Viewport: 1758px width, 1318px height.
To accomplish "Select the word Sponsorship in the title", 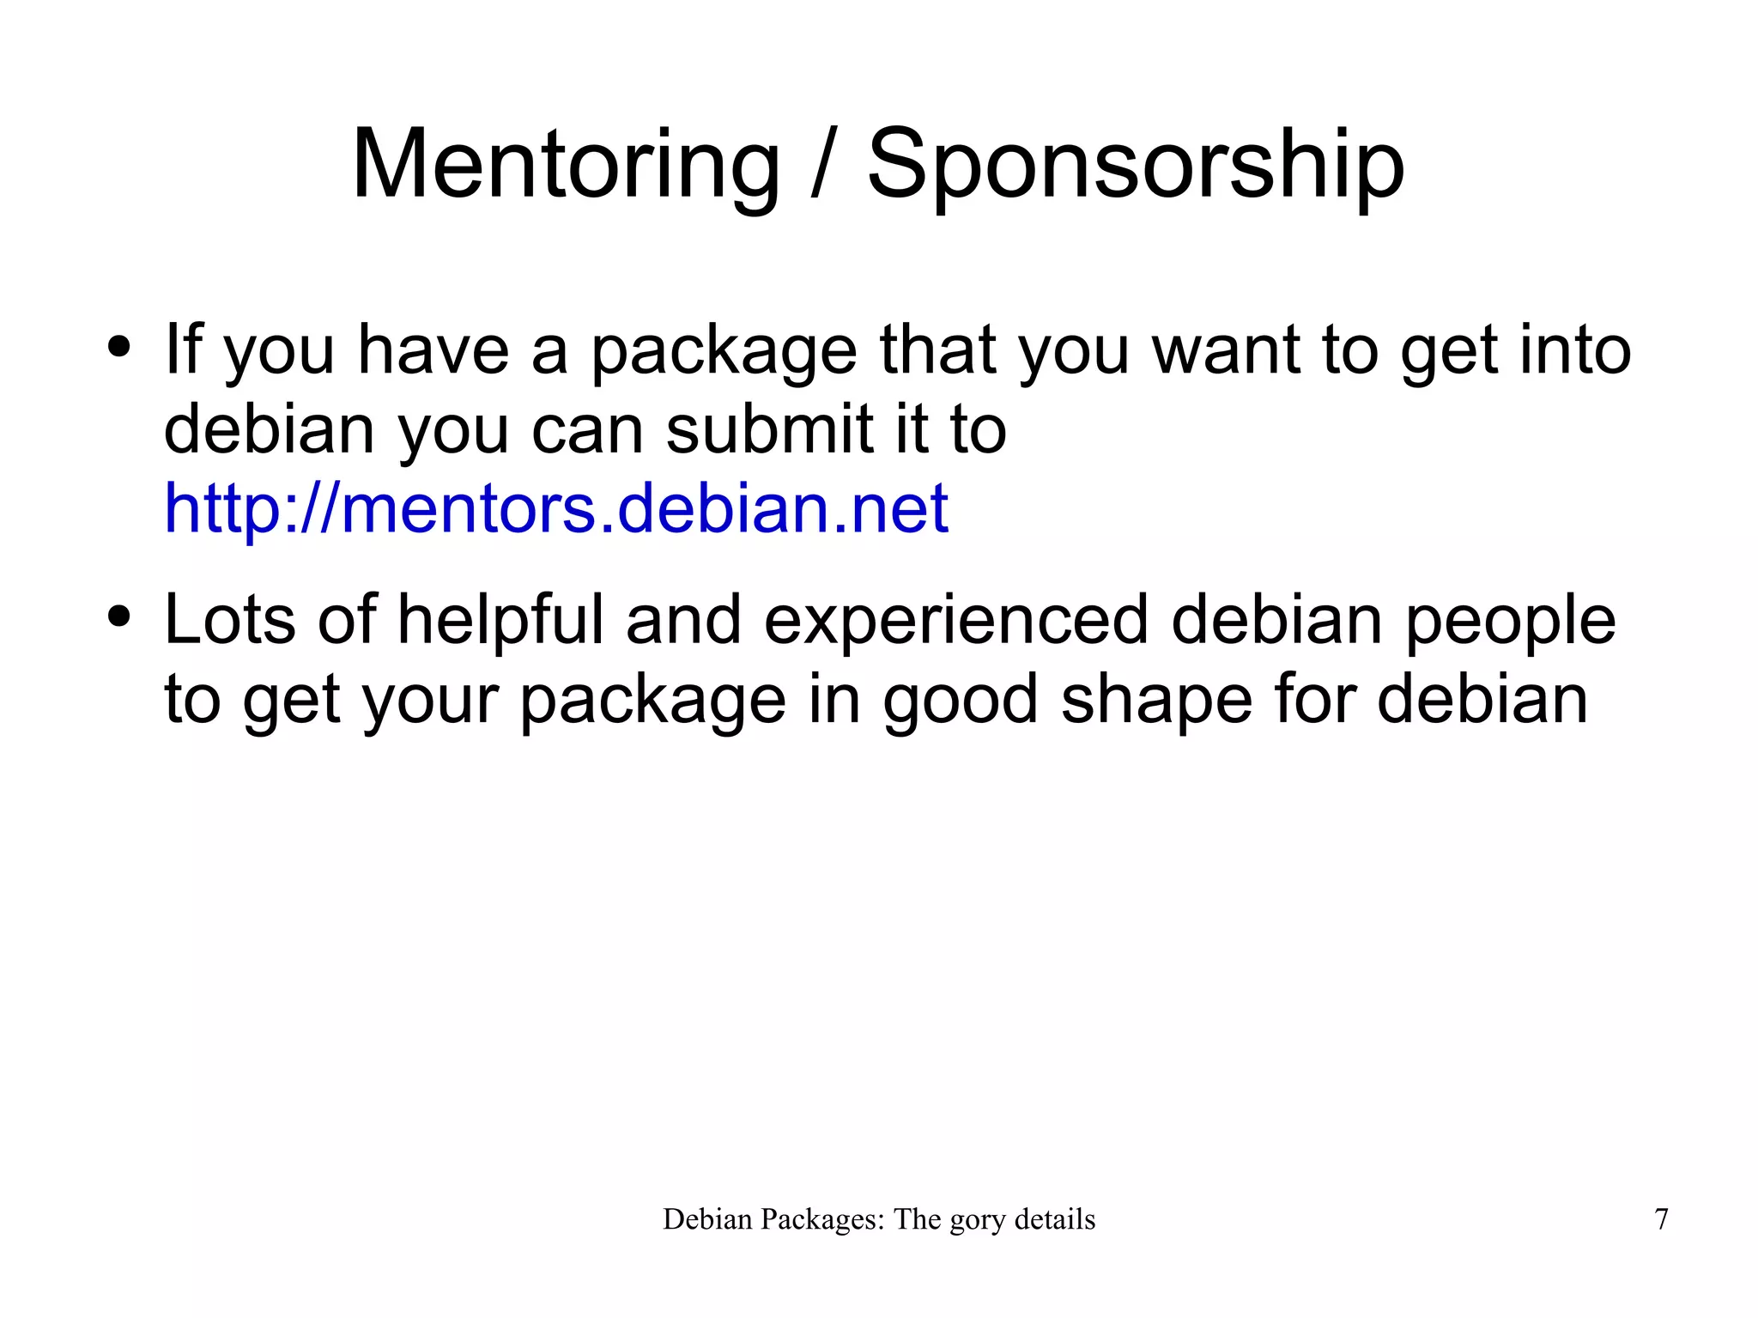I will (1135, 165).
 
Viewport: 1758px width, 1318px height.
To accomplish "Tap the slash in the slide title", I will (823, 165).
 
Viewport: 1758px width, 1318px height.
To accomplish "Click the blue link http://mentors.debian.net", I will (556, 508).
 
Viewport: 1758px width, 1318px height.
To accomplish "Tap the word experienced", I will (955, 620).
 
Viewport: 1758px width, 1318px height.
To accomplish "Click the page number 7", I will (1661, 1219).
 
